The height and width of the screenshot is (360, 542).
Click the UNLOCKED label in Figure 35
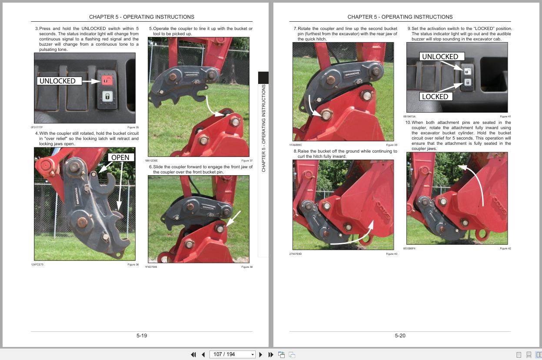coord(57,81)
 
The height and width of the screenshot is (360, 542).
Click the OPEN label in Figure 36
coord(120,157)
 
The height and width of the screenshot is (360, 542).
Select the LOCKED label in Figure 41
coord(435,97)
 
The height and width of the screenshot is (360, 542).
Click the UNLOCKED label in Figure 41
coord(440,57)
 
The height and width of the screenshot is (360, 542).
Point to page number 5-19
coord(142,336)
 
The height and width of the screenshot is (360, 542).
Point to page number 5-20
coord(400,336)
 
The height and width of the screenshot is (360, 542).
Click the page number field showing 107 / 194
coord(230,354)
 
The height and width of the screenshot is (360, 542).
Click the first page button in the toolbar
coord(193,354)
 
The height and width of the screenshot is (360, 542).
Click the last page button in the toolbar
coord(270,354)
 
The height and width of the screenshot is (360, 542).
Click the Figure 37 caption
coord(246,160)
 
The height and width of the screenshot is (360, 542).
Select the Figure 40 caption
coord(391,254)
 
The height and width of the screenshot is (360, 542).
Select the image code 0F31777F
coord(37,127)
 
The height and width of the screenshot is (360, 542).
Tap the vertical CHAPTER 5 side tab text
coord(263,128)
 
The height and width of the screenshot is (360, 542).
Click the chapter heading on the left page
coord(142,17)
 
